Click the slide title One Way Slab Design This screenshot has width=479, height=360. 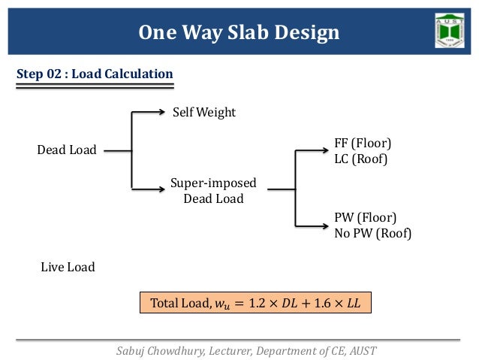coord(239,33)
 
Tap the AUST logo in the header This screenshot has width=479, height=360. coord(449,30)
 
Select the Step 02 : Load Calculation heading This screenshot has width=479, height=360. coord(95,74)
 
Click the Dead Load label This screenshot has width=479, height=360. coord(67,150)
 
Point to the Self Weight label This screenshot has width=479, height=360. coord(204,112)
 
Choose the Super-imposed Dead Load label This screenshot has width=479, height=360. coord(213,191)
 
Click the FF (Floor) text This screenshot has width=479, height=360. coord(363,143)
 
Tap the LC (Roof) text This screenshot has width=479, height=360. coord(360,159)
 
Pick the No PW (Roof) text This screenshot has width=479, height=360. coord(372,233)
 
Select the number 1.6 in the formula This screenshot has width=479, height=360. coord(327,303)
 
